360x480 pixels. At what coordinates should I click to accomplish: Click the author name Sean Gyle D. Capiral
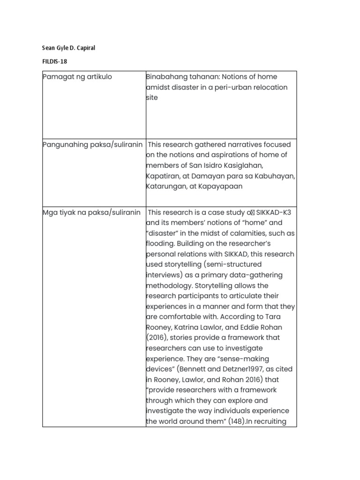click(x=68, y=48)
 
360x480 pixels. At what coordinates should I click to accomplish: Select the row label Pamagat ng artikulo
click(x=77, y=77)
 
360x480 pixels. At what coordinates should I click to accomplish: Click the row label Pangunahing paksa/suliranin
click(x=92, y=144)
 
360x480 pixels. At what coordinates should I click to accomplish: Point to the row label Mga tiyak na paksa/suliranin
click(x=91, y=212)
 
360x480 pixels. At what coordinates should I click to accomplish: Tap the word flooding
click(x=161, y=244)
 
